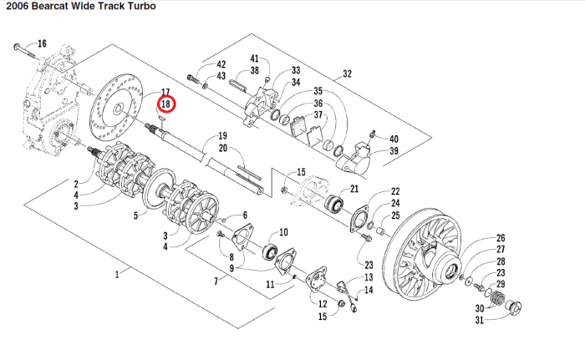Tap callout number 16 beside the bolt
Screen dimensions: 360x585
pos(42,43)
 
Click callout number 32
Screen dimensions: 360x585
pos(347,74)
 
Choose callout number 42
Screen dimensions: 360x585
pos(221,64)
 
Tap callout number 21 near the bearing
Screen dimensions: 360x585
pos(354,189)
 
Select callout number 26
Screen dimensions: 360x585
pos(501,238)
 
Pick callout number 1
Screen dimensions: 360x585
pos(117,273)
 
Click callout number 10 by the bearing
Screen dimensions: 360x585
pos(283,232)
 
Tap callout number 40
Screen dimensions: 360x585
pos(394,139)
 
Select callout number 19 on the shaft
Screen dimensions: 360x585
pos(223,135)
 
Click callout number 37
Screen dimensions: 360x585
pos(318,114)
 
